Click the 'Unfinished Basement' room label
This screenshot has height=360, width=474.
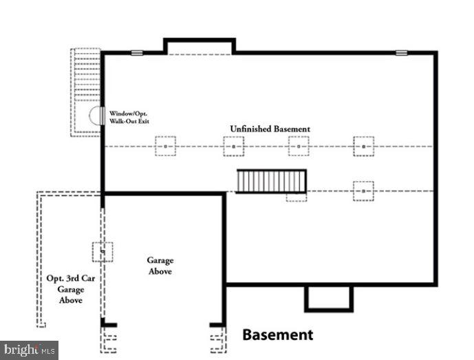click(270, 129)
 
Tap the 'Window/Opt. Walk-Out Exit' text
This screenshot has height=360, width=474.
click(129, 117)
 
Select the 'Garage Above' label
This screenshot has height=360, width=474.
click(160, 266)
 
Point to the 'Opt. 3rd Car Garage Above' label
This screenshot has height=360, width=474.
click(65, 289)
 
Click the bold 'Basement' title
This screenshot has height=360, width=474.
click(277, 335)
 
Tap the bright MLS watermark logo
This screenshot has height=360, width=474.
click(29, 350)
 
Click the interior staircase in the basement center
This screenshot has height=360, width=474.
click(271, 182)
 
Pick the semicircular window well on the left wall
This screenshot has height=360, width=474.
click(96, 116)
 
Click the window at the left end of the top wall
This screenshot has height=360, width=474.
click(137, 52)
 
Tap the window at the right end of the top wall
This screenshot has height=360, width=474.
click(401, 52)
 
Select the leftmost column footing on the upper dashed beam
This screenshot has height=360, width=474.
click(165, 146)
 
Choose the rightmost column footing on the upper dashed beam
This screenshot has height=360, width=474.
click(364, 146)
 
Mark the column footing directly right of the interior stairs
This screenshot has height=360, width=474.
click(363, 191)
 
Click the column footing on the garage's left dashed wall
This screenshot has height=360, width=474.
click(103, 252)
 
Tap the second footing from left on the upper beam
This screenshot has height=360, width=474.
click(233, 146)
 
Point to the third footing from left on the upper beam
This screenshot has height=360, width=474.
click(299, 146)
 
